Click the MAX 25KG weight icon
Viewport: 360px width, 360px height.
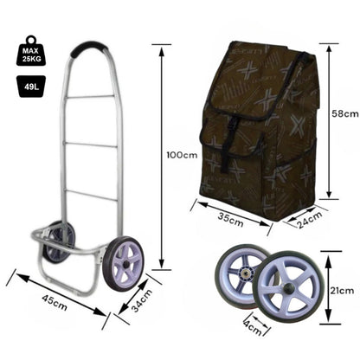[x=30, y=51]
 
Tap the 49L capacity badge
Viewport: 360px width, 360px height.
[x=31, y=87]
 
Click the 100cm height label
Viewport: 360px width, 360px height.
[x=182, y=155]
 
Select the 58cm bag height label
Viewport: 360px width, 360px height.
[x=344, y=113]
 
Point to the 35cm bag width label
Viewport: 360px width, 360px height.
[x=231, y=220]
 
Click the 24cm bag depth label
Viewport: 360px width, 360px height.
[x=310, y=220]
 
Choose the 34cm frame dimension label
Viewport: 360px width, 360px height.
[x=142, y=300]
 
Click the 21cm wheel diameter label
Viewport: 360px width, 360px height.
[x=342, y=291]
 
